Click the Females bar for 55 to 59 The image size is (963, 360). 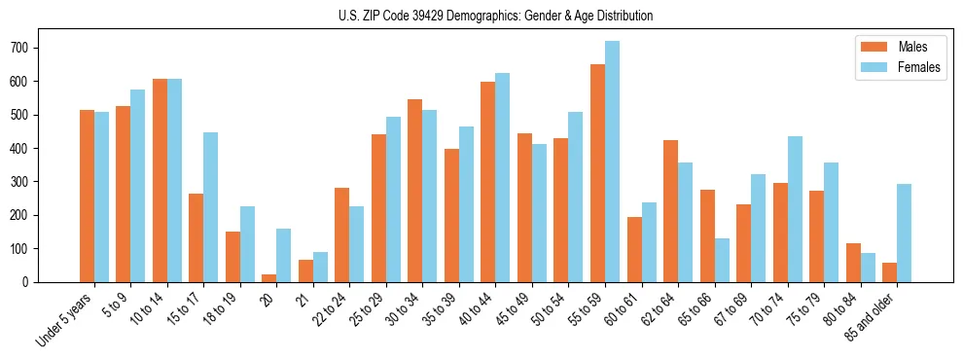(612, 162)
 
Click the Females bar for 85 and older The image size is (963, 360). (904, 234)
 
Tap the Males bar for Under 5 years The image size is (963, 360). (87, 197)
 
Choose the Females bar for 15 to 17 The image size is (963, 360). (210, 207)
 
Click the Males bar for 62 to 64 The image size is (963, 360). (670, 211)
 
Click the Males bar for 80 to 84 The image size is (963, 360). (853, 263)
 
